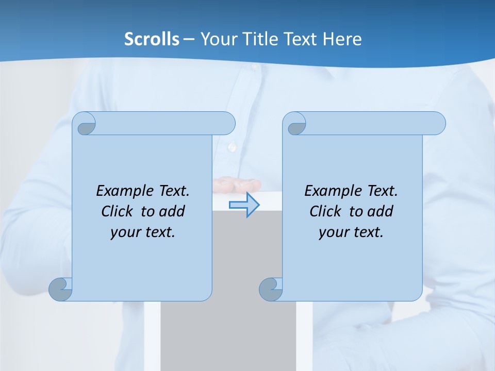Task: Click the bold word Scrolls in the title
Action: [x=152, y=39]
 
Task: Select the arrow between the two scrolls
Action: [x=244, y=205]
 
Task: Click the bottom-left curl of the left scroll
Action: [x=61, y=289]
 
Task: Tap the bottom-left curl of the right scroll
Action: [x=271, y=289]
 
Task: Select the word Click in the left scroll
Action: [x=118, y=211]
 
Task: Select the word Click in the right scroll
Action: [x=325, y=211]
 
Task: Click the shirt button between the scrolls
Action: [x=232, y=147]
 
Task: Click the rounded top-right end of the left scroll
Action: [x=227, y=123]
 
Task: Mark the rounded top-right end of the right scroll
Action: [x=437, y=123]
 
